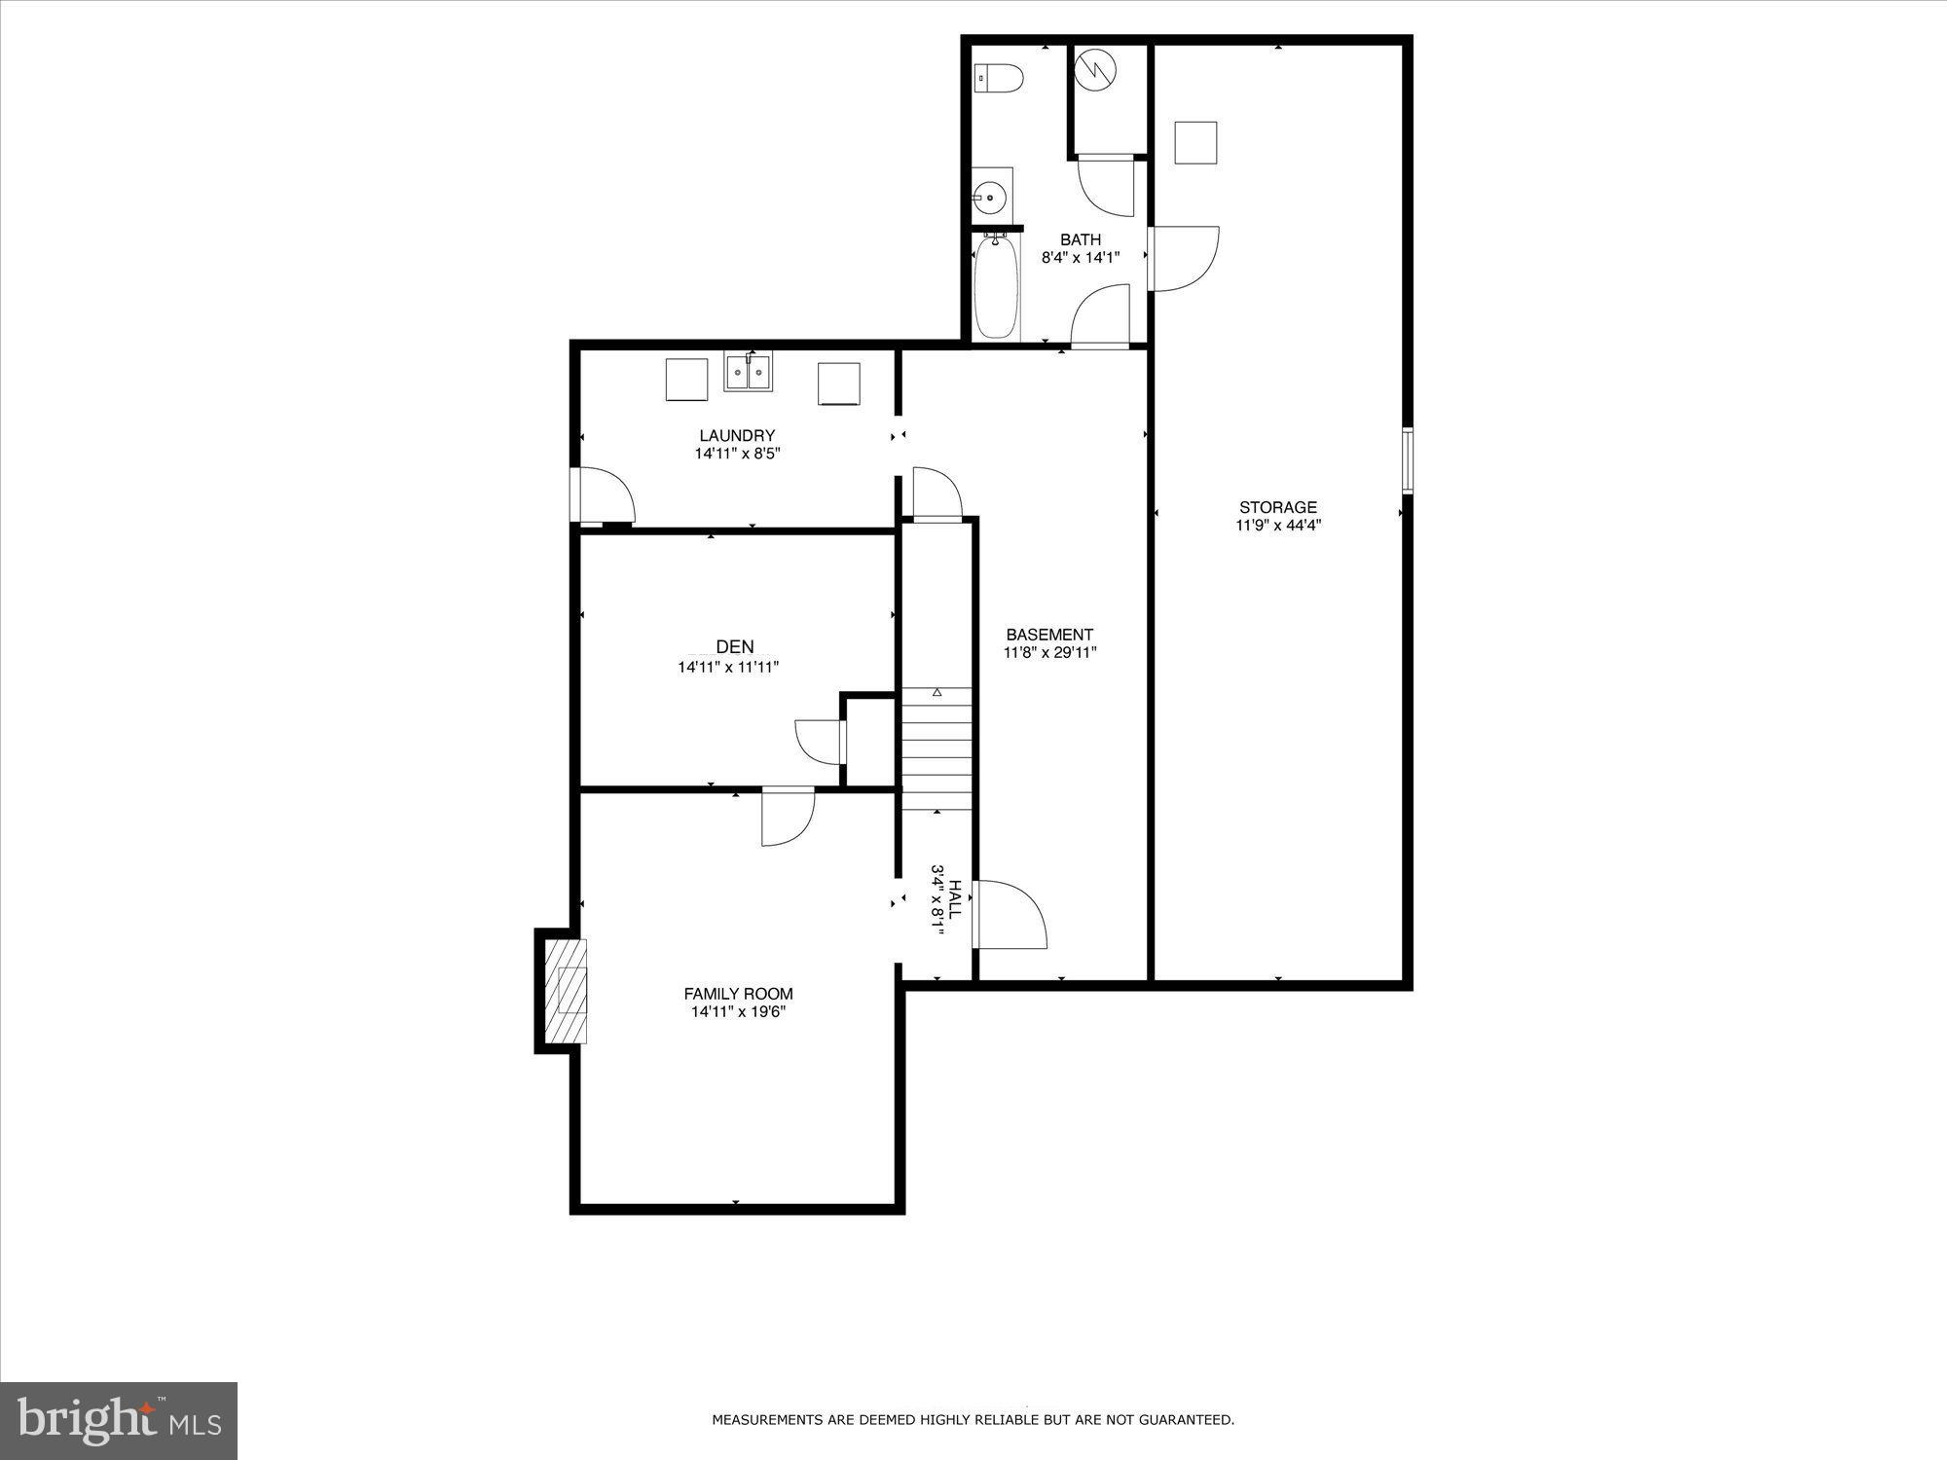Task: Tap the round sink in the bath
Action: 990,198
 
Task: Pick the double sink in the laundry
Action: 748,373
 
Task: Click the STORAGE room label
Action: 1277,507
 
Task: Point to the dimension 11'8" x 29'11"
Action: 1049,653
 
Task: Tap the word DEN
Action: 734,647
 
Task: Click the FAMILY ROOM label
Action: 738,994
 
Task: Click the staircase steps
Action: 937,748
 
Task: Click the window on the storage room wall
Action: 1407,459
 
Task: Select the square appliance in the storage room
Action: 1195,143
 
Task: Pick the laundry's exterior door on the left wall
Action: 604,495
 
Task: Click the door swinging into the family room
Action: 787,816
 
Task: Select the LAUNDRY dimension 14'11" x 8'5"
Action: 737,454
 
